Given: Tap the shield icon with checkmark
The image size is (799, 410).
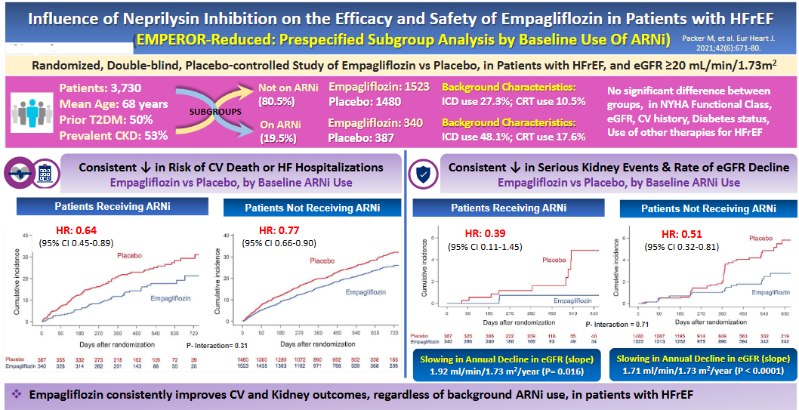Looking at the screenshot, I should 422,174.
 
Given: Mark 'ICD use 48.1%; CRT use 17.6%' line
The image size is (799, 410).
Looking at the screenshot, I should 514,137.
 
